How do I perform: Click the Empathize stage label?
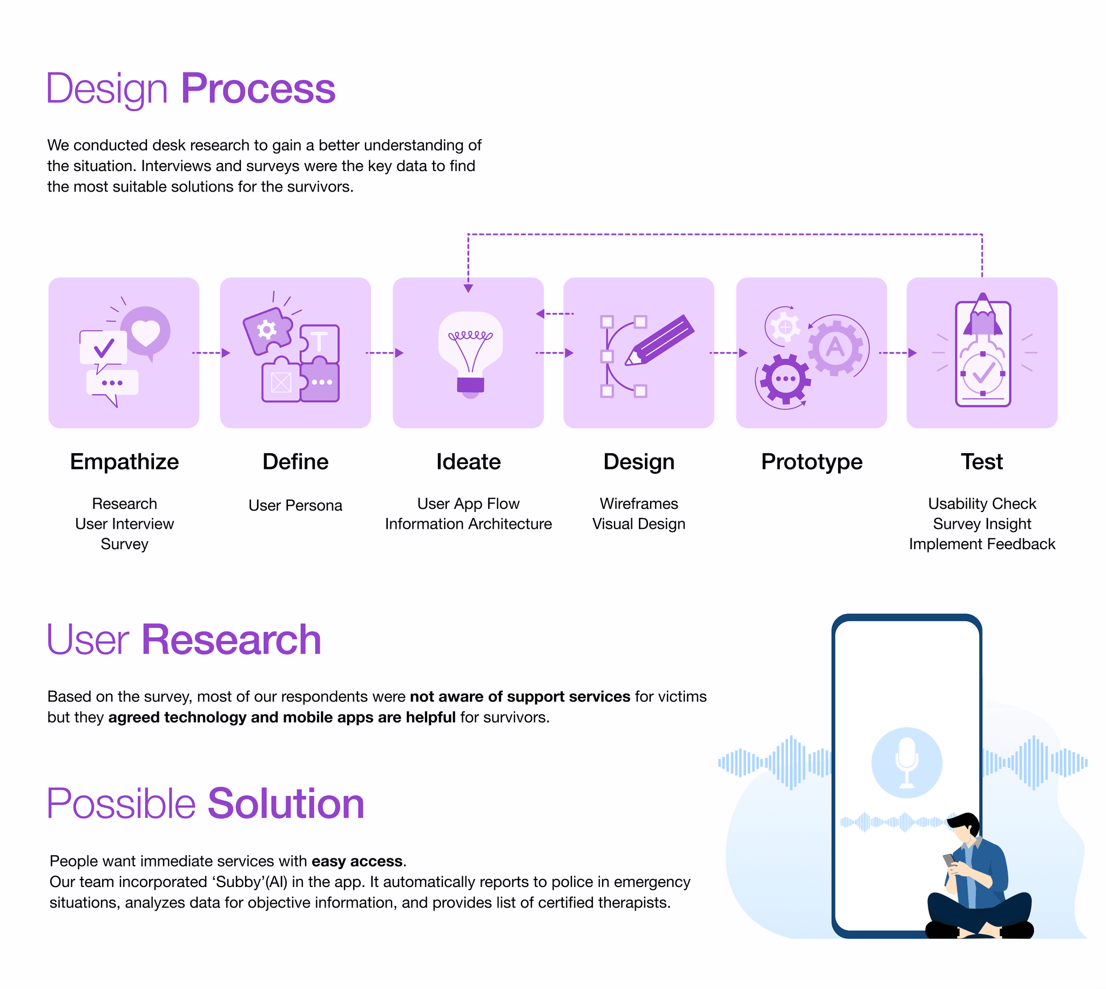point(125,462)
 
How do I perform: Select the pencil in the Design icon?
point(659,340)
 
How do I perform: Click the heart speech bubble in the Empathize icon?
point(145,332)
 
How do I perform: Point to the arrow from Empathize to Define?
point(211,353)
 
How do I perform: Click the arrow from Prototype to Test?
point(898,353)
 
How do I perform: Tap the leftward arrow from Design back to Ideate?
point(555,313)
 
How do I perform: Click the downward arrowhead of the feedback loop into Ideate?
point(468,288)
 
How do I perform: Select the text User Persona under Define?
point(295,506)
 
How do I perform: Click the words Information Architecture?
point(468,524)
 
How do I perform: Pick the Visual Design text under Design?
point(638,524)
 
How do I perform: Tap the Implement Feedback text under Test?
point(981,544)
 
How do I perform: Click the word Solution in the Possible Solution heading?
point(286,804)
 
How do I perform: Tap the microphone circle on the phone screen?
point(906,762)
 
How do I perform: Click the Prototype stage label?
point(811,462)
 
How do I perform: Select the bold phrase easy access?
point(357,861)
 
